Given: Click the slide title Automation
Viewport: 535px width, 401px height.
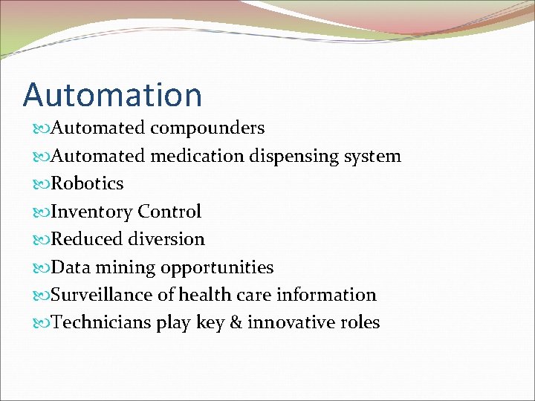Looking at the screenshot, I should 112,95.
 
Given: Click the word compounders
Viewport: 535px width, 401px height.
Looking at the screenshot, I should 207,128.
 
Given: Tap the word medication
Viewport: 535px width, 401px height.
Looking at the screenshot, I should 197,156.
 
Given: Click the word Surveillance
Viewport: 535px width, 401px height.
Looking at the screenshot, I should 103,295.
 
